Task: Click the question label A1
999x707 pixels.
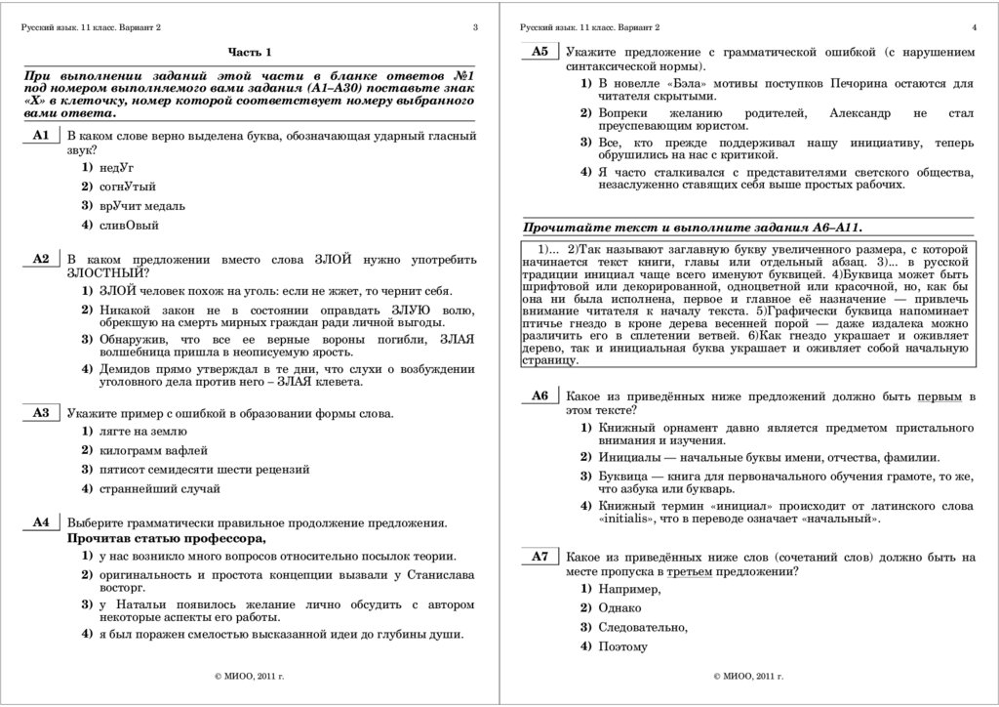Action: pyautogui.click(x=40, y=136)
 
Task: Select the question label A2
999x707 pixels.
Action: pyautogui.click(x=40, y=260)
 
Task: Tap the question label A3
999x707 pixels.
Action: pyautogui.click(x=40, y=413)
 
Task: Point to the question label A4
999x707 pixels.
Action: pyautogui.click(x=40, y=522)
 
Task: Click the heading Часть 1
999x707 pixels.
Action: pyautogui.click(x=250, y=52)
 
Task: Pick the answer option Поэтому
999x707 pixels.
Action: pyautogui.click(x=624, y=646)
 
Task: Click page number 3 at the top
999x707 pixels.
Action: pyautogui.click(x=475, y=27)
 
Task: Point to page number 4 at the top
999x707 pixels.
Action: pyautogui.click(x=975, y=27)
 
